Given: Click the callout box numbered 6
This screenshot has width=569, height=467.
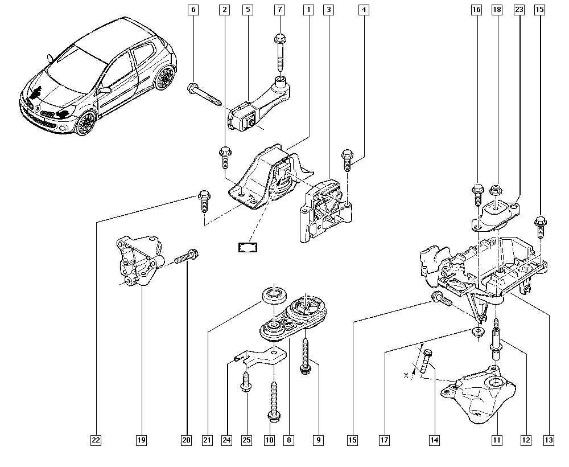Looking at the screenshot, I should [x=193, y=10].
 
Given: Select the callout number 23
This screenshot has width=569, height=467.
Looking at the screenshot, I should [x=518, y=10].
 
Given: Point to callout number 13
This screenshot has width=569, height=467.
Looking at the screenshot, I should [x=549, y=440].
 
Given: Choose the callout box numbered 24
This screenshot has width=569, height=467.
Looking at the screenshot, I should [x=228, y=440].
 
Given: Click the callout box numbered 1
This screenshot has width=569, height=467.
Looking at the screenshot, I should [x=308, y=10].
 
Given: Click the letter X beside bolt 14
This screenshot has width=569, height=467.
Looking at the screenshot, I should [x=406, y=375].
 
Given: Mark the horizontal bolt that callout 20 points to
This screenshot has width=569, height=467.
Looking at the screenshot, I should [x=187, y=256].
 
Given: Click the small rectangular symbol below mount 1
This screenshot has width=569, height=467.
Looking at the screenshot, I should [x=248, y=246].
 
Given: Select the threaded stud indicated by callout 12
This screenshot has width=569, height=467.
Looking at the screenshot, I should [x=497, y=339].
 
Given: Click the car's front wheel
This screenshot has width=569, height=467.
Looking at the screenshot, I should [x=86, y=121].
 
